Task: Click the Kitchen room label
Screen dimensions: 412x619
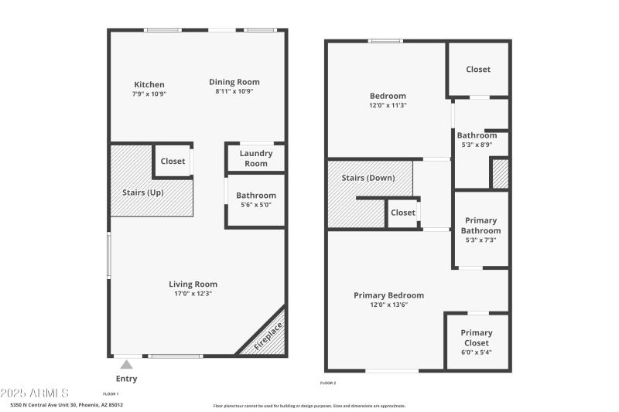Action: (149, 84)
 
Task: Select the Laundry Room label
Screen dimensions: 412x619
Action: (255, 158)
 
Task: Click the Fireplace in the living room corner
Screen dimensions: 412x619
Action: (269, 338)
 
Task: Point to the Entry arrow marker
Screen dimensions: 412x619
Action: (126, 364)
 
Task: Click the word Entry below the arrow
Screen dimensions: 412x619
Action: (126, 379)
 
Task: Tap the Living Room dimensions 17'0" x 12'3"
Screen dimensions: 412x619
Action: (193, 294)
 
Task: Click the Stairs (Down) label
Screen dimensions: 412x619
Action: (368, 178)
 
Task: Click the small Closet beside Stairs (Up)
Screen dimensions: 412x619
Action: (173, 162)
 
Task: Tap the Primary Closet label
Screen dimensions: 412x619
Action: (477, 338)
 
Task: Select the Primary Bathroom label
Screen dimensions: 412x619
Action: (480, 225)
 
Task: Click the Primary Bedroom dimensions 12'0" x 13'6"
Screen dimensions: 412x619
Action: (388, 305)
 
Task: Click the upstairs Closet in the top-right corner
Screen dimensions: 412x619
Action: (477, 70)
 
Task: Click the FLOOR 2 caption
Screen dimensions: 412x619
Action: (328, 383)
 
